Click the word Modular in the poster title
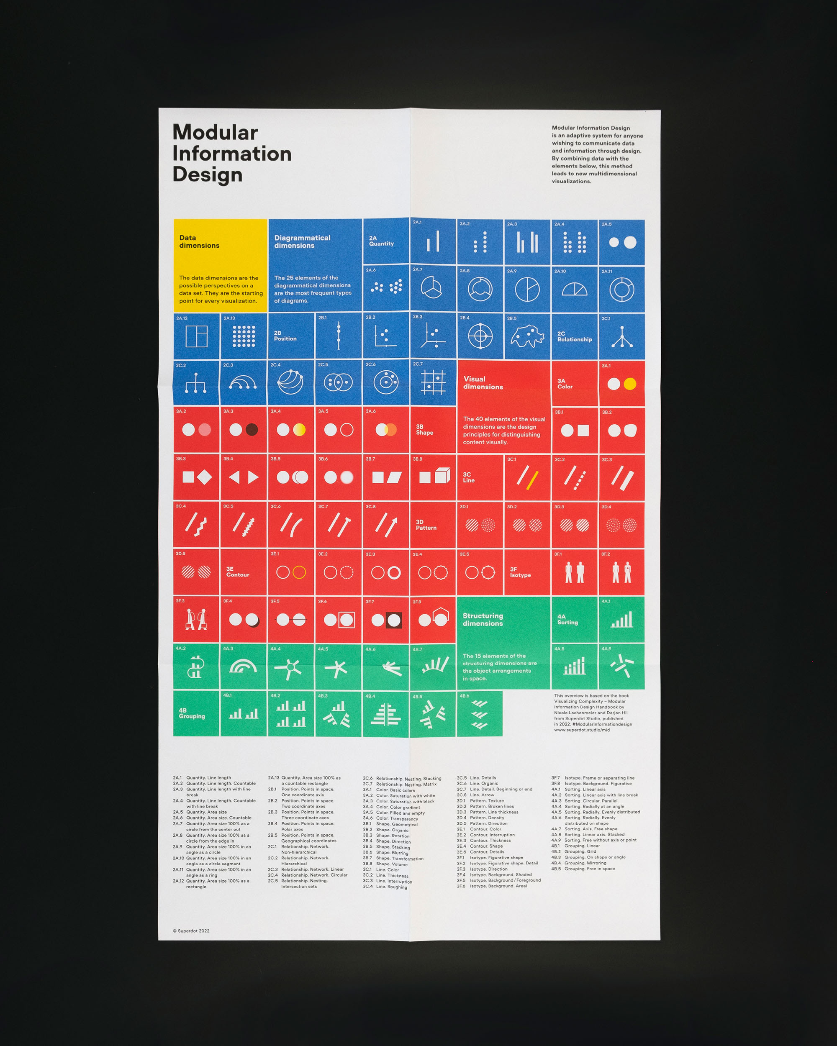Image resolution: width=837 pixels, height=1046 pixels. pyautogui.click(x=215, y=133)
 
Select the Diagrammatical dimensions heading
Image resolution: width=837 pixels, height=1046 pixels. pyautogui.click(x=302, y=241)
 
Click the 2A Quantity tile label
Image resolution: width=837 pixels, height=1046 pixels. pyautogui.click(x=381, y=241)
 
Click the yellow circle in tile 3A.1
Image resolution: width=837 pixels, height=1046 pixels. pyautogui.click(x=629, y=384)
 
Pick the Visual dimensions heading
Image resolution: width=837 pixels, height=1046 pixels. pyautogui.click(x=483, y=383)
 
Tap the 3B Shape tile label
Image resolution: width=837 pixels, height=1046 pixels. pyautogui.click(x=424, y=430)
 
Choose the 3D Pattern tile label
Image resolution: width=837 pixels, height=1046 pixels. pyautogui.click(x=426, y=525)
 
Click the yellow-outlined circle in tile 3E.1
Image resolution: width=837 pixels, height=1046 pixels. pyautogui.click(x=299, y=572)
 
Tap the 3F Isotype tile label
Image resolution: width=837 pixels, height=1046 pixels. pyautogui.click(x=520, y=572)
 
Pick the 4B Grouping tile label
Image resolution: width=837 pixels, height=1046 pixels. pyautogui.click(x=191, y=714)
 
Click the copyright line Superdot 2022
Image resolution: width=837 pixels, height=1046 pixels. pyautogui.click(x=191, y=931)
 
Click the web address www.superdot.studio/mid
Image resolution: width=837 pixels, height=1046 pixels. pyautogui.click(x=581, y=730)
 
